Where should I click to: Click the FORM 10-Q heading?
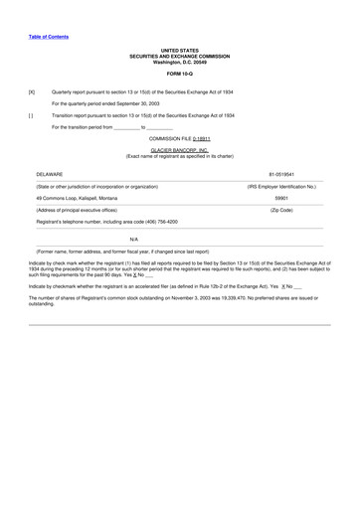(x=180, y=73)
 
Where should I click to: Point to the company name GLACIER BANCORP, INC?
(x=179, y=151)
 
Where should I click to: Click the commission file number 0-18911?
(x=195, y=139)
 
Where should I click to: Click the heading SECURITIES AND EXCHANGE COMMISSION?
(x=180, y=56)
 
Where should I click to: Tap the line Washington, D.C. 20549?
(x=180, y=62)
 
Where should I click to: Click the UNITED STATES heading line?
(x=180, y=50)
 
